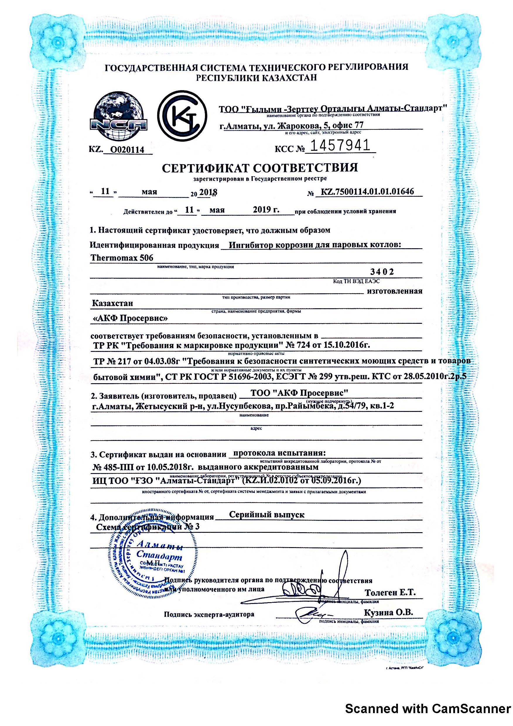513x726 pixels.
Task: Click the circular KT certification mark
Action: [183, 116]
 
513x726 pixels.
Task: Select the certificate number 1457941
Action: [340, 146]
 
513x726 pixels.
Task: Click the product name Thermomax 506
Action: [122, 258]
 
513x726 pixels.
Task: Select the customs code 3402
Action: [382, 272]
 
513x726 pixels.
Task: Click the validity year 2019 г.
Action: [266, 209]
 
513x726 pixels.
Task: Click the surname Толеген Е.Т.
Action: [390, 592]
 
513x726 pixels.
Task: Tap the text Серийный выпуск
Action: [267, 514]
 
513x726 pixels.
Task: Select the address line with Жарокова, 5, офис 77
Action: [292, 126]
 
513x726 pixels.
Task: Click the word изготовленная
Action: [394, 291]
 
